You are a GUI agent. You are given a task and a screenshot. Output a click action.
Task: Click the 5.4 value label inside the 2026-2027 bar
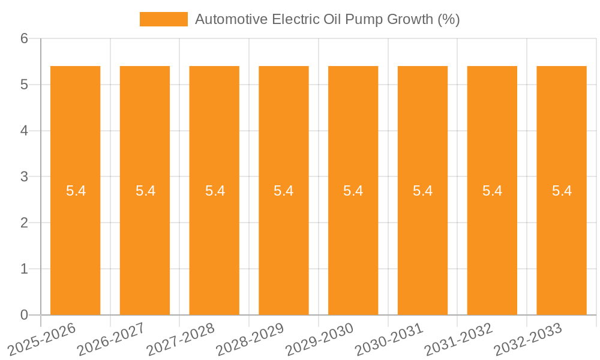(x=145, y=191)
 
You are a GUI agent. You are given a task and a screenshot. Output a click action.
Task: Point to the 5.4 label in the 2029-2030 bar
(x=353, y=191)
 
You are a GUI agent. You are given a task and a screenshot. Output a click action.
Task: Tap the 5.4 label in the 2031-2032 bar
(x=492, y=191)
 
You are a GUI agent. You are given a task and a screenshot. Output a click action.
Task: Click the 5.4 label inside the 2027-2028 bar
(x=215, y=191)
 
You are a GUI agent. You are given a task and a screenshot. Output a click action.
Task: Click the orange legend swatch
(x=163, y=19)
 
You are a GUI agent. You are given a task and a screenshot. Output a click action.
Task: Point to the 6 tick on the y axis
(x=24, y=38)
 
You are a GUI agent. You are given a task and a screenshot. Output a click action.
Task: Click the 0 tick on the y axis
(x=24, y=315)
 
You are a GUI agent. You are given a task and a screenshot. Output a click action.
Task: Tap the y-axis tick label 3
(x=24, y=177)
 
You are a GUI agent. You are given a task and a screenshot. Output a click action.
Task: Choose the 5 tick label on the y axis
(x=24, y=85)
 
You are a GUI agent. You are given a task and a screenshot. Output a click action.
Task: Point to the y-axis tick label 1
(x=24, y=269)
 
